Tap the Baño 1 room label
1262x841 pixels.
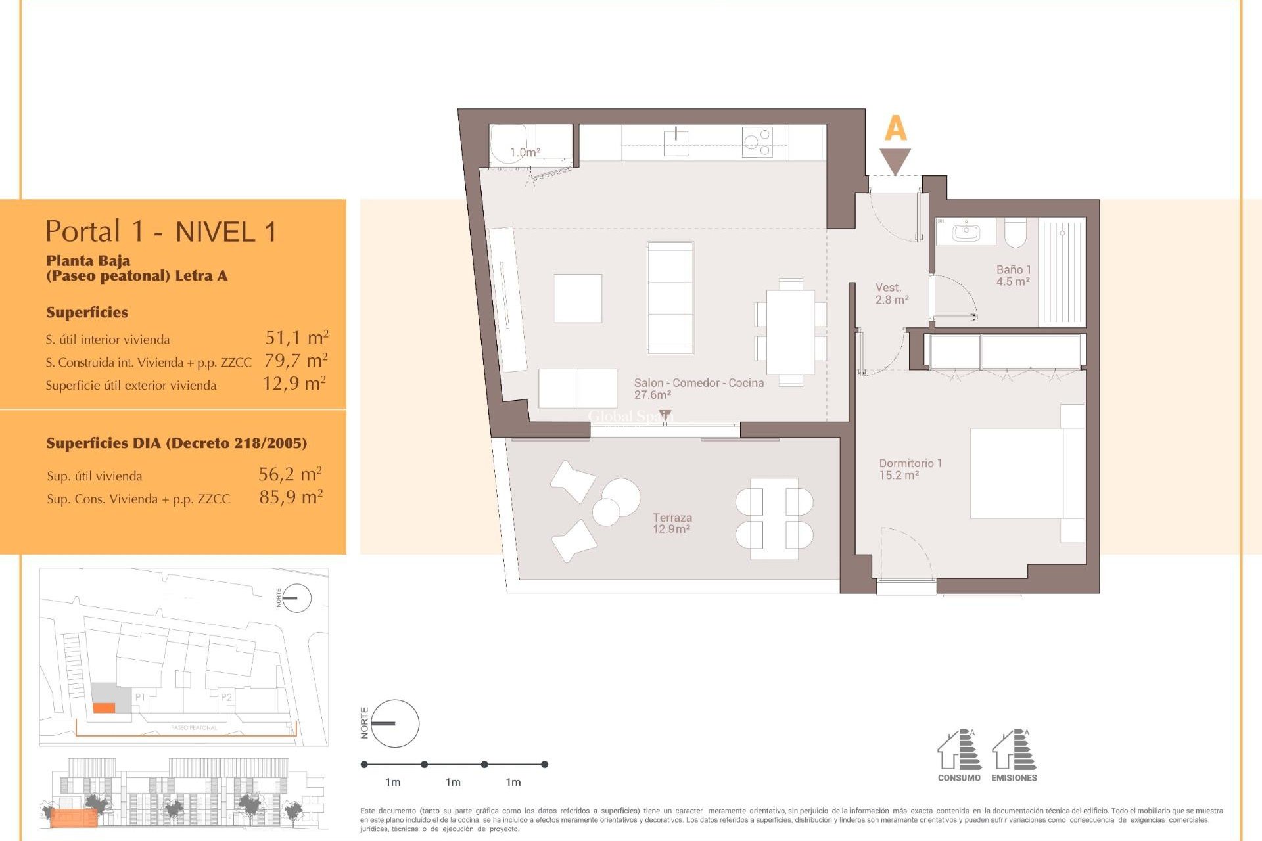[1013, 275]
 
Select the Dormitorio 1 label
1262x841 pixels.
[910, 468]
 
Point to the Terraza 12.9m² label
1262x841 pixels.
[672, 523]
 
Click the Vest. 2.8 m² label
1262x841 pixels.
[891, 294]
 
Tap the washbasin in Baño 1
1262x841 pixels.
[966, 232]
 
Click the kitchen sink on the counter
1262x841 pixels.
[676, 143]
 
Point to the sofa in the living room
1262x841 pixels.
[670, 298]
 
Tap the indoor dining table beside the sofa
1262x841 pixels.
[791, 332]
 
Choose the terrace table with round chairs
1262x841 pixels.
[774, 518]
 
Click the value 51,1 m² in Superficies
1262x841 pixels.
[296, 338]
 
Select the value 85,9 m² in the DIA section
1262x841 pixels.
[291, 497]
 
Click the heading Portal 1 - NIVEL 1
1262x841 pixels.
[161, 231]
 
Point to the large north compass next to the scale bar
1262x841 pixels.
[395, 723]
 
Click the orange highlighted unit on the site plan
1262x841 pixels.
[104, 708]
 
